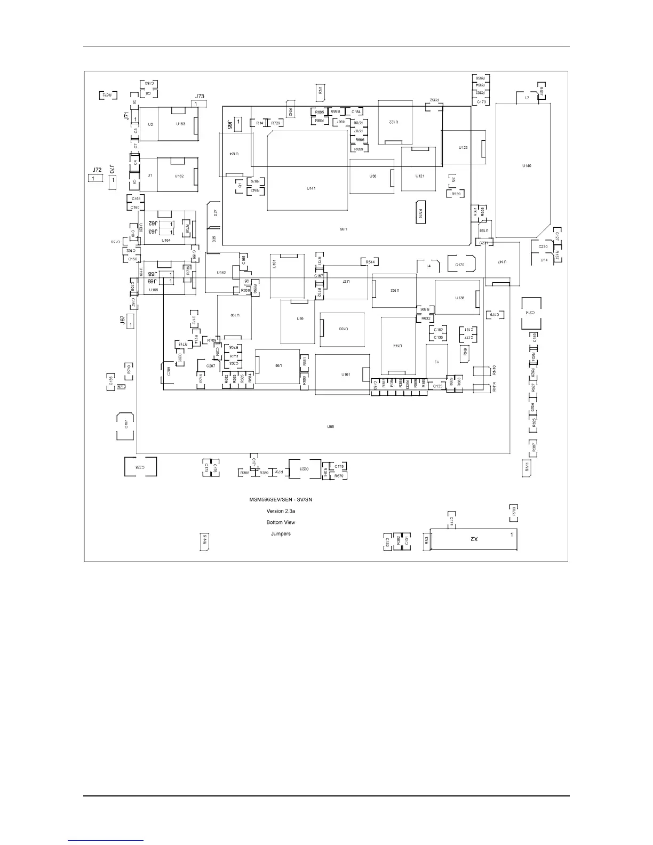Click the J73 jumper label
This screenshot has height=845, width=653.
(200, 97)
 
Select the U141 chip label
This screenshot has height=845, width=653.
(311, 188)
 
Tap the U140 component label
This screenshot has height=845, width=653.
(527, 165)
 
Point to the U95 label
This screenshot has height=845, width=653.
(330, 426)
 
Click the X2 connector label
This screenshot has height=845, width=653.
(473, 539)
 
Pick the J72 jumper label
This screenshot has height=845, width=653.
(97, 170)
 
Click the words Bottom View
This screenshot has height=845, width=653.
(281, 522)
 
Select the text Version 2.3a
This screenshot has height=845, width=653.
(281, 511)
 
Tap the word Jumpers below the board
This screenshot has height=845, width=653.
(281, 533)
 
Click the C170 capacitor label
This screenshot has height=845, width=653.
(459, 265)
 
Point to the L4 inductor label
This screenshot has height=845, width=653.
(428, 266)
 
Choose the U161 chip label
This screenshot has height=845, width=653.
(346, 374)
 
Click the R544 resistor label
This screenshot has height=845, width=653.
(370, 262)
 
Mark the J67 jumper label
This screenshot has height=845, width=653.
(123, 320)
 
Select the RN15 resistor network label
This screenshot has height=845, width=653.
(204, 539)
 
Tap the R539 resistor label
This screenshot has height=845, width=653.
(456, 194)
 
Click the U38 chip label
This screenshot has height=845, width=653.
(372, 176)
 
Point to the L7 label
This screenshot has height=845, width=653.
(527, 98)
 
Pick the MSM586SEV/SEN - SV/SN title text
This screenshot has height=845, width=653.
(281, 500)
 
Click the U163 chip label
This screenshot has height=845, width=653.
(180, 124)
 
